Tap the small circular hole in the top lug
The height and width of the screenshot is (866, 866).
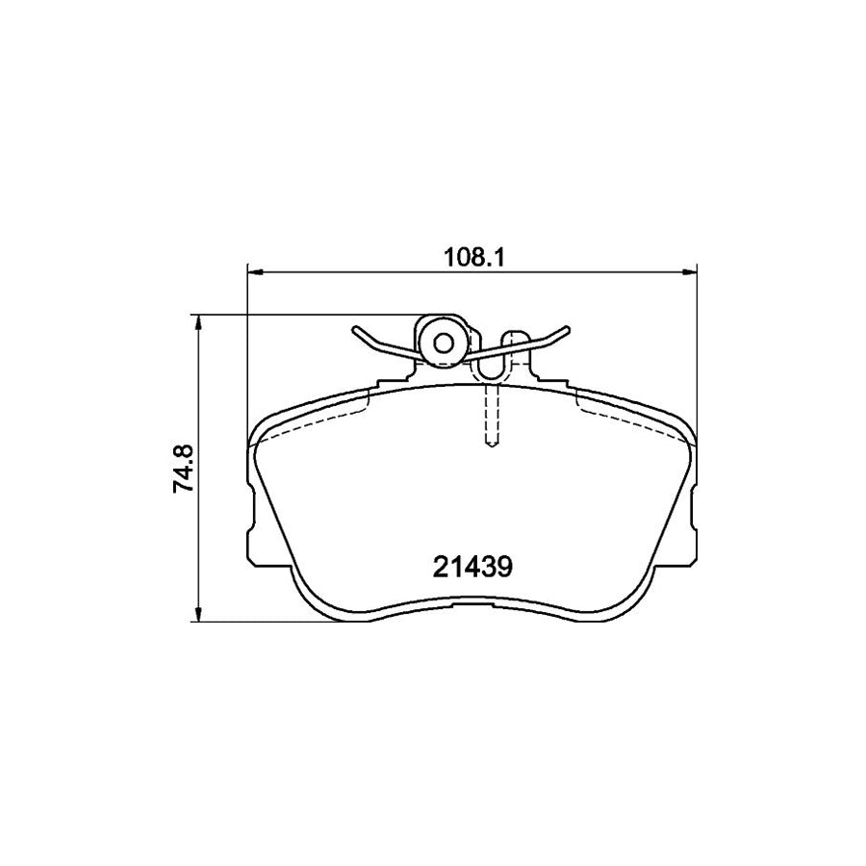click(444, 342)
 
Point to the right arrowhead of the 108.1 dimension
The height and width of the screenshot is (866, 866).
click(692, 273)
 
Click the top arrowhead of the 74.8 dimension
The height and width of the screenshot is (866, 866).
click(199, 321)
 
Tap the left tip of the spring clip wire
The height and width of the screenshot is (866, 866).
click(355, 330)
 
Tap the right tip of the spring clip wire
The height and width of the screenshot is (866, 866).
click(570, 330)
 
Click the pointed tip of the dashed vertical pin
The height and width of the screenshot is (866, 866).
click(491, 446)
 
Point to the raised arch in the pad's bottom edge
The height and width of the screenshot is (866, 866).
click(471, 601)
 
